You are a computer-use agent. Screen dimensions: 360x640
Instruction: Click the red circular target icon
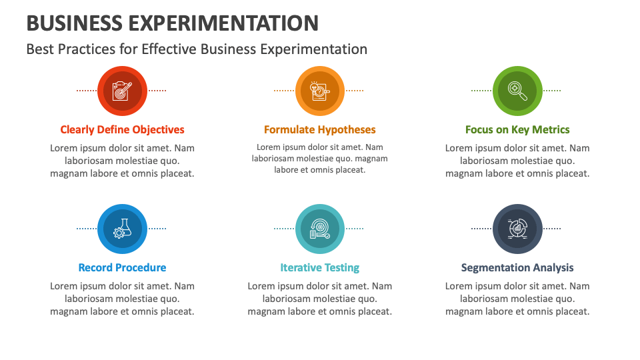(x=122, y=91)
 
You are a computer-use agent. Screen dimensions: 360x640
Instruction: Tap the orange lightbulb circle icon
(x=319, y=91)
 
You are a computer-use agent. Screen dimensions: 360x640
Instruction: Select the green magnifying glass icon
(x=517, y=91)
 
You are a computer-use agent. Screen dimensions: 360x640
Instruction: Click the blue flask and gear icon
(x=122, y=229)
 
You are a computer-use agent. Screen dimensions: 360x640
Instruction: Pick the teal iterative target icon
(x=319, y=229)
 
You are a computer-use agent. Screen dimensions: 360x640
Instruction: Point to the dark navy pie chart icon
(x=517, y=229)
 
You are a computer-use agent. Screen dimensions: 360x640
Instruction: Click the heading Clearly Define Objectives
(x=122, y=129)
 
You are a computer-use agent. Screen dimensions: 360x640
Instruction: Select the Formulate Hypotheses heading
(x=319, y=129)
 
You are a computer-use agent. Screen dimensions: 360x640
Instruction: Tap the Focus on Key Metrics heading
(x=517, y=129)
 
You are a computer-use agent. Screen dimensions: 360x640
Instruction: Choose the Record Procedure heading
(x=122, y=267)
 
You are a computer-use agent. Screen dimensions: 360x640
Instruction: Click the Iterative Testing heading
(x=319, y=267)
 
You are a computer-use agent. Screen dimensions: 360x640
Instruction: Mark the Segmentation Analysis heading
(x=517, y=267)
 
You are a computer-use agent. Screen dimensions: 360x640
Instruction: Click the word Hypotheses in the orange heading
(x=347, y=129)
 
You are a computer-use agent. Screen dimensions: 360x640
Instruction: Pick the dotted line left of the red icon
(x=87, y=90)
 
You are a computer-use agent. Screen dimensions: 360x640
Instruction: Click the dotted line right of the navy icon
(x=551, y=228)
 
